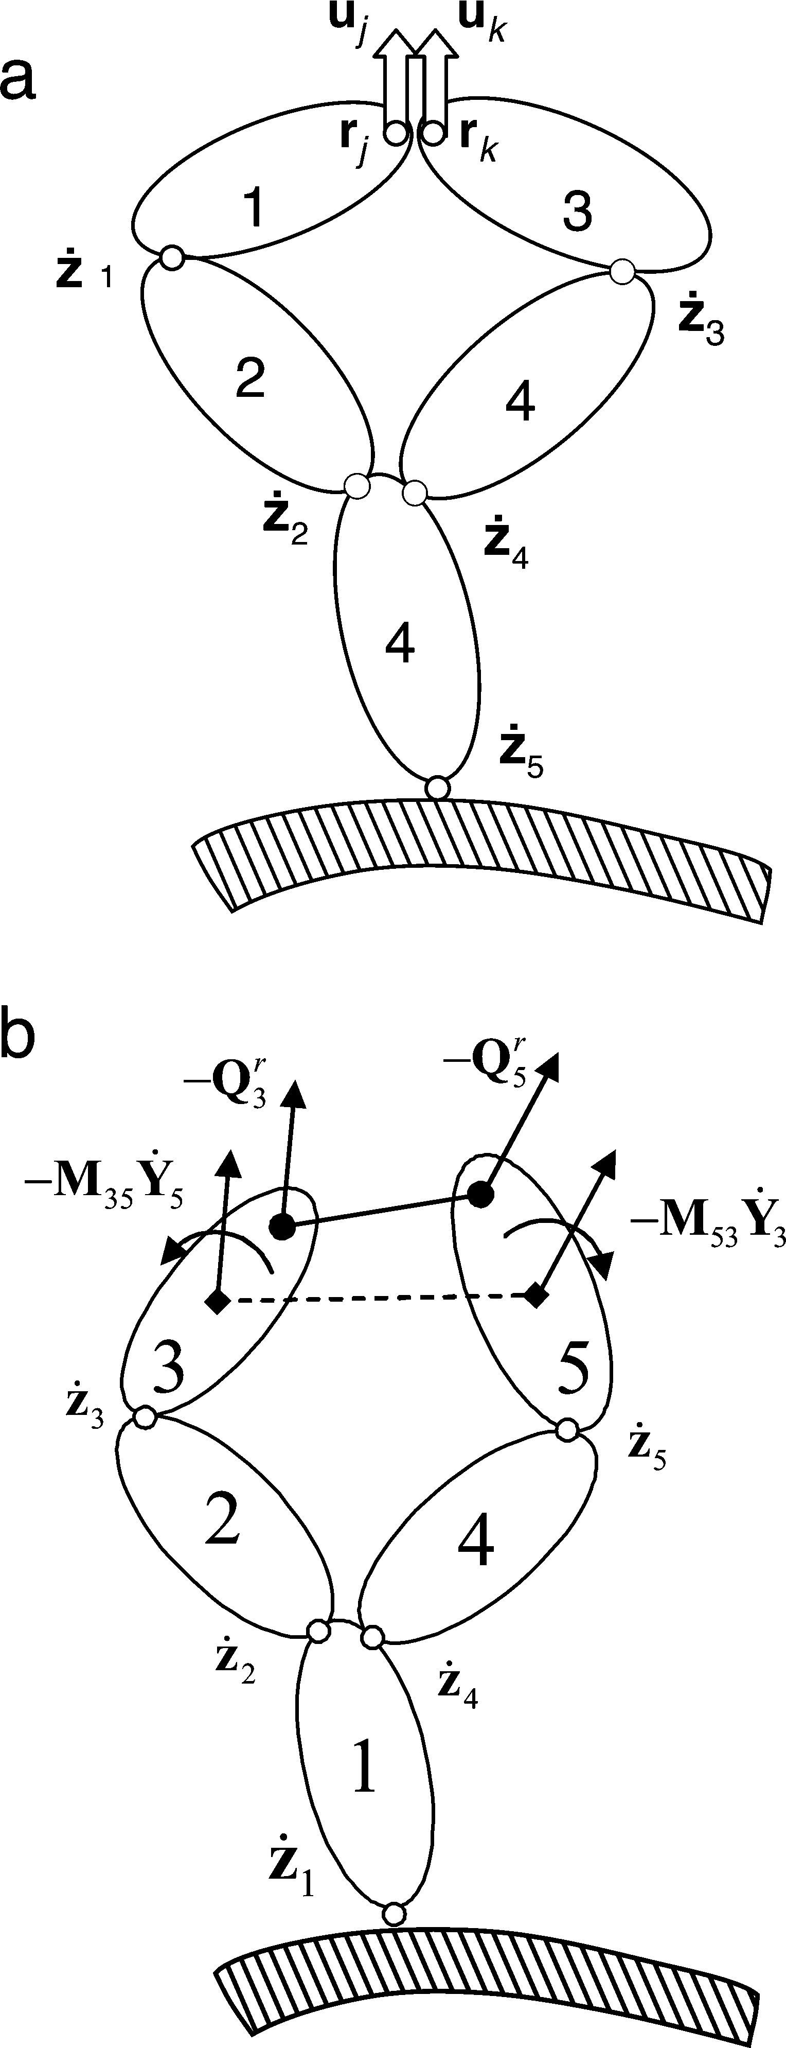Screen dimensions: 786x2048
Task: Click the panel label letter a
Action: tap(17, 79)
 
